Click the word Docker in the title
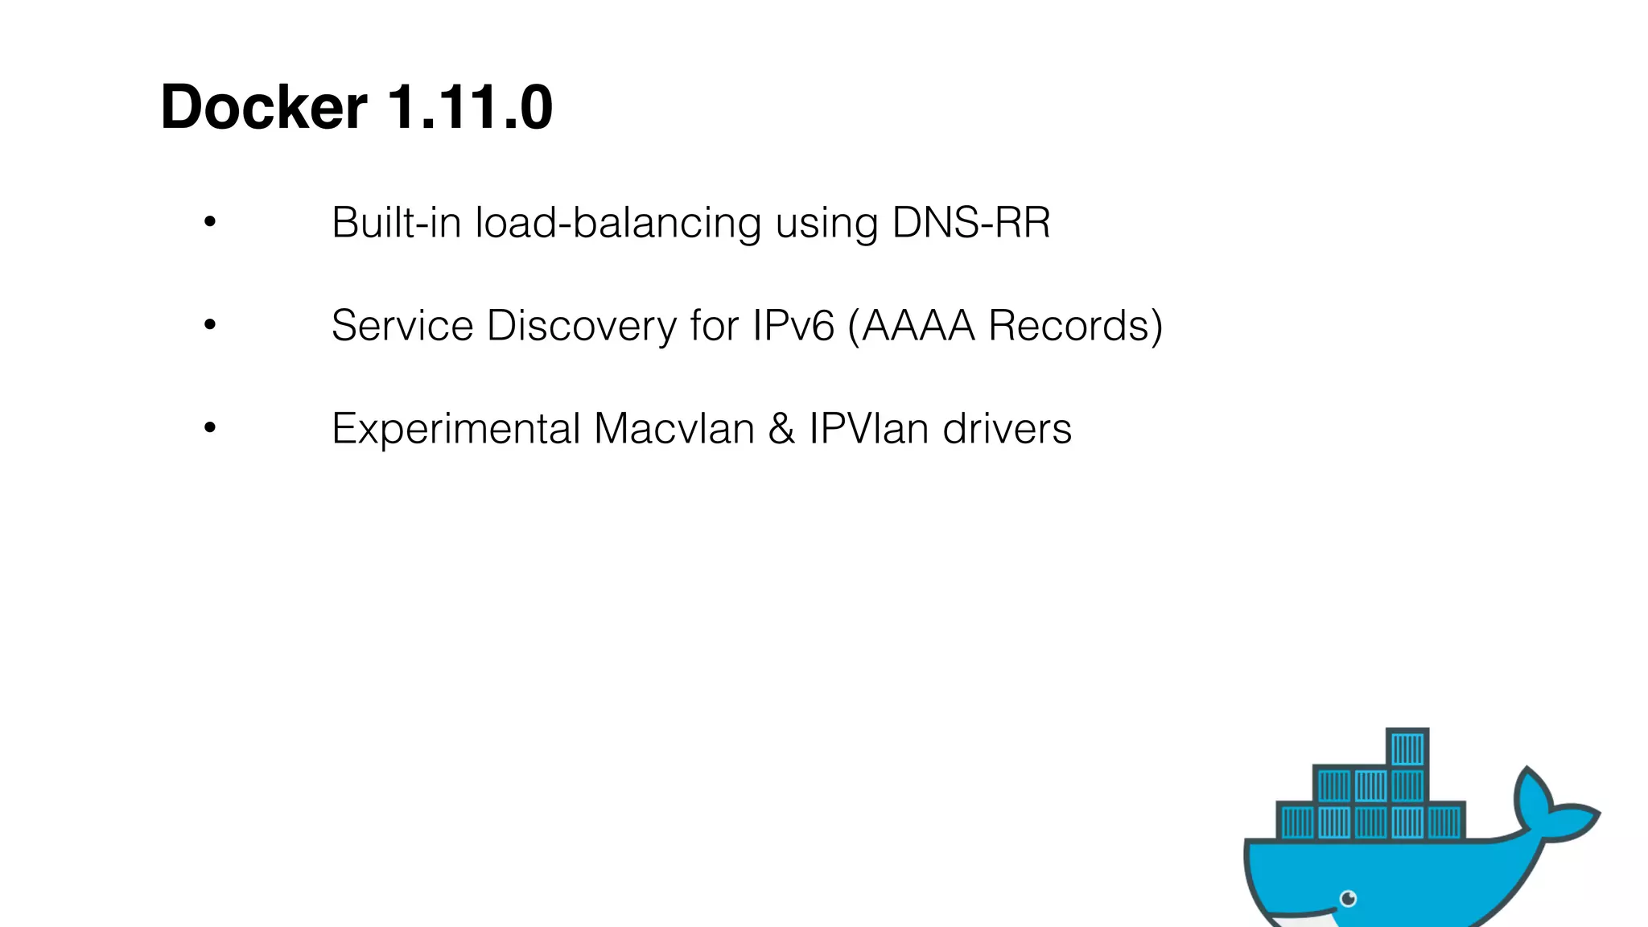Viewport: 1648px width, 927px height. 264,107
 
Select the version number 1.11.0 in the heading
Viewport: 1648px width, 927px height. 470,107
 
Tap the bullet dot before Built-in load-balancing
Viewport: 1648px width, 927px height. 210,221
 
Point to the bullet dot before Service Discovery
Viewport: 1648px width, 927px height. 210,324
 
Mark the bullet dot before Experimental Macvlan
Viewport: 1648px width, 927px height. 210,427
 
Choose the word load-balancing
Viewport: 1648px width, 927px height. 618,224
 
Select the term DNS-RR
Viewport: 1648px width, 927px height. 971,222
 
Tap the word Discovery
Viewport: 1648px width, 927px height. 581,327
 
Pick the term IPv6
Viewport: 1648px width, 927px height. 793,325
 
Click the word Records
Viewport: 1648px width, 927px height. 1068,325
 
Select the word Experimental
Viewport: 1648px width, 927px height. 455,429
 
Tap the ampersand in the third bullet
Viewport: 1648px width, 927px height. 781,428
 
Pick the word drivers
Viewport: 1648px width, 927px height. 1007,428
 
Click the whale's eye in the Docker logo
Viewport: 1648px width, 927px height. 1349,899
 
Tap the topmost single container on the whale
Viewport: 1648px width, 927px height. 1407,748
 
